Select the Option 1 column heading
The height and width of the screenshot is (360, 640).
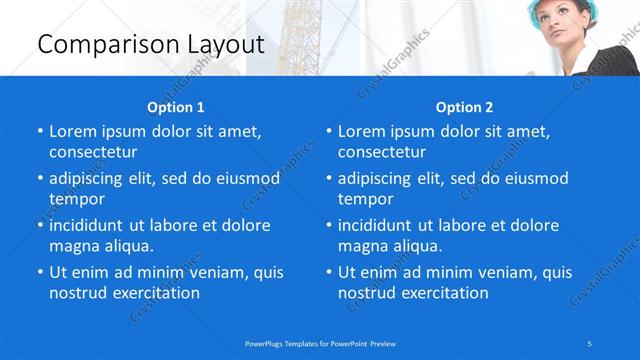click(176, 107)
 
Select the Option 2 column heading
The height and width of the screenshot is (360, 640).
click(465, 107)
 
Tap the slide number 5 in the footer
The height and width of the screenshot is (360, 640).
click(591, 343)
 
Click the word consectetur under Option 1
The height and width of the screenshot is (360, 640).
click(93, 153)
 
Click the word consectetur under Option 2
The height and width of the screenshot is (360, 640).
click(382, 153)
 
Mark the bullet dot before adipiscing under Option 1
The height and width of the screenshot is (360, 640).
click(39, 179)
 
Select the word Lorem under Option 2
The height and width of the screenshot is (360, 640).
click(360, 132)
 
